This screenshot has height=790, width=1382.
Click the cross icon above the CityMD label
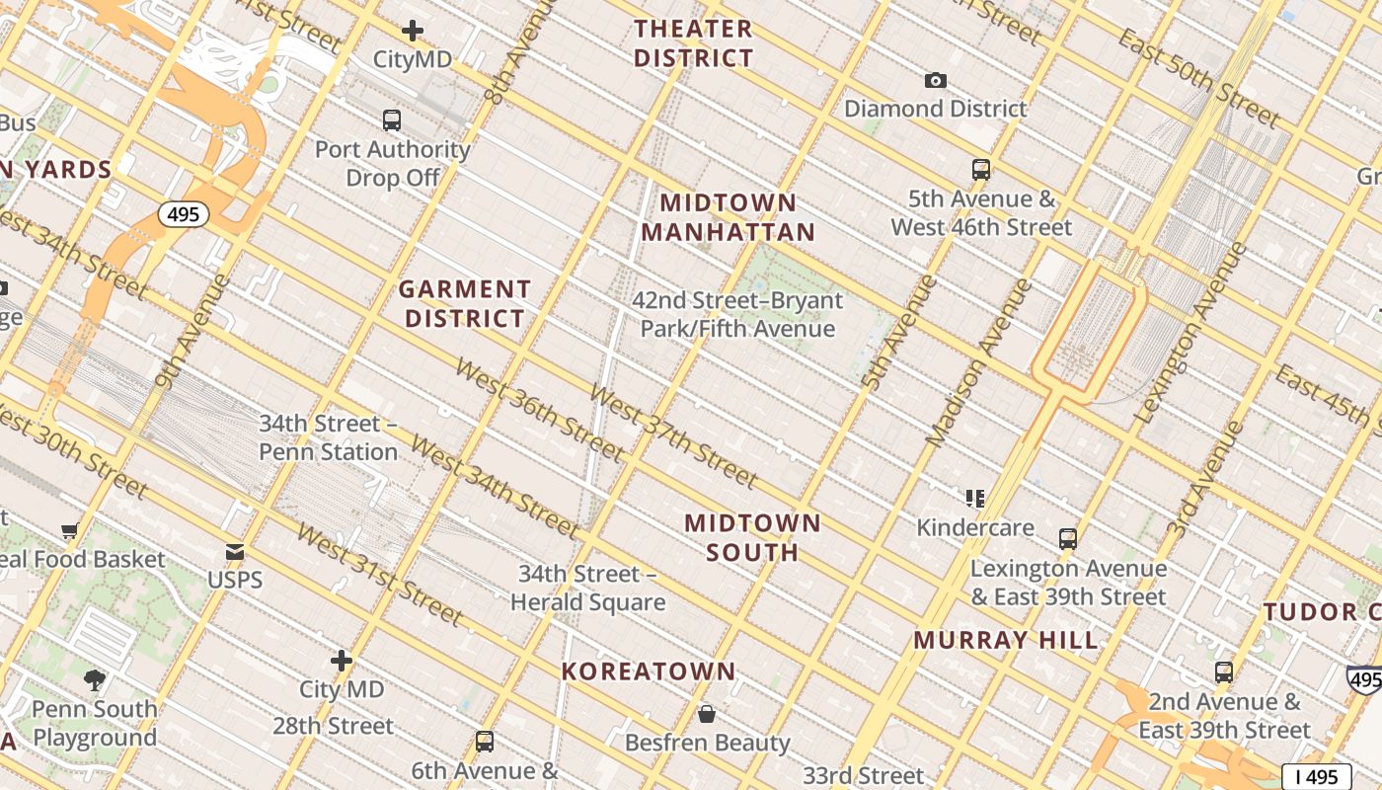[x=413, y=31]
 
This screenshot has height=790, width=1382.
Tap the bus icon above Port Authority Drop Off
[x=392, y=120]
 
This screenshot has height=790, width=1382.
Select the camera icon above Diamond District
[x=935, y=80]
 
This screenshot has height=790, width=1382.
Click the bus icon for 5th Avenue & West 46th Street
[x=980, y=170]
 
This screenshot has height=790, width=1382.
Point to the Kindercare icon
[x=975, y=499]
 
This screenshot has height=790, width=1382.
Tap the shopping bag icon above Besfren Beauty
[x=707, y=713]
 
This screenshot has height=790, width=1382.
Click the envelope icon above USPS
[x=235, y=551]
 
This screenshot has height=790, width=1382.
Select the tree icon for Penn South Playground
[x=95, y=679]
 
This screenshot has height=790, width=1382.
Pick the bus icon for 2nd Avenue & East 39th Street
[x=1224, y=672]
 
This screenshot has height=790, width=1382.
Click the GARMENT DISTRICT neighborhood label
[x=465, y=304]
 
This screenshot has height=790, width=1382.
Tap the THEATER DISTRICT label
[x=694, y=43]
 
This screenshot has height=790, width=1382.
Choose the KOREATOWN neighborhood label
[x=649, y=671]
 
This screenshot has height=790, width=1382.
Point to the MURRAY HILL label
[x=1005, y=640]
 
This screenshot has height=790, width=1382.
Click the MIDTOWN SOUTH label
[x=752, y=537]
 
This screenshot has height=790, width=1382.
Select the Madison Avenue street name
[x=980, y=361]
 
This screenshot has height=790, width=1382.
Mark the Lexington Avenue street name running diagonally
[x=1191, y=334]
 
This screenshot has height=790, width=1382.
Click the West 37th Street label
[x=673, y=435]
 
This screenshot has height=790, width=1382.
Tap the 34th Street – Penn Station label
[x=328, y=437]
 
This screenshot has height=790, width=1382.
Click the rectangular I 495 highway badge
[x=1316, y=777]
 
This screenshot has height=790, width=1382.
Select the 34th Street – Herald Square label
[x=587, y=588]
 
